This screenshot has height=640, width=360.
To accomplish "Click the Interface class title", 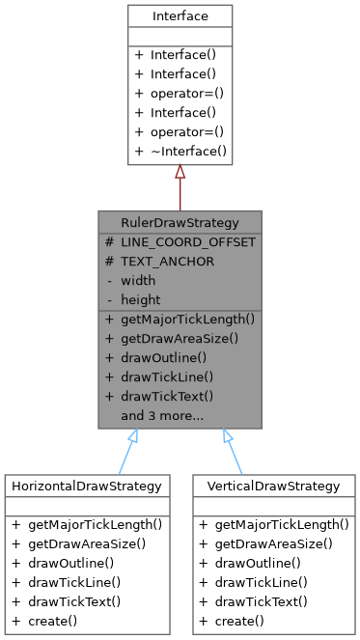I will tap(180, 16).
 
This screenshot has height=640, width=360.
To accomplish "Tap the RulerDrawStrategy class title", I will tap(180, 222).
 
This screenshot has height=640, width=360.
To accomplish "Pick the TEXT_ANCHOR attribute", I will tap(167, 261).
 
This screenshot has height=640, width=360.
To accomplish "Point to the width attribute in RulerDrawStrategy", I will tap(138, 280).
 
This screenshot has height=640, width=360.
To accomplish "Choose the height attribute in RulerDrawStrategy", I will tap(140, 299).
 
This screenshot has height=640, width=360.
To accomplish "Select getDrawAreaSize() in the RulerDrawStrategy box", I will tap(179, 338).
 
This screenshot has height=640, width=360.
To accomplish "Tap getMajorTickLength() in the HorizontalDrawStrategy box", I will tap(93, 524).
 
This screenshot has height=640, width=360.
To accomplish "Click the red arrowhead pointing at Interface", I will tap(180, 173).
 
